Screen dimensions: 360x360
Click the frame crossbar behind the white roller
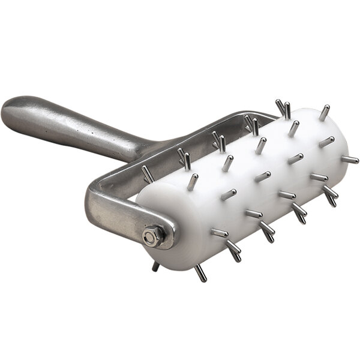198,135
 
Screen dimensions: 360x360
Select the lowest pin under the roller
200,273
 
